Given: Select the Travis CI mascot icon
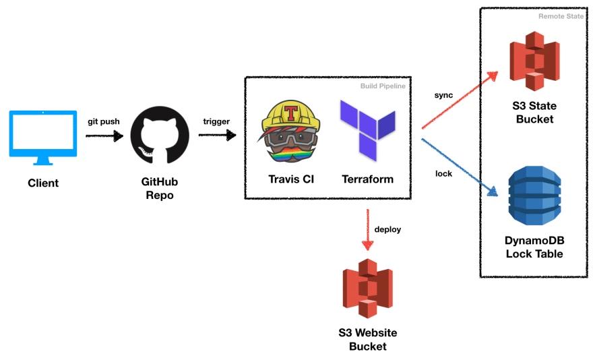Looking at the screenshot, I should pyautogui.click(x=291, y=133).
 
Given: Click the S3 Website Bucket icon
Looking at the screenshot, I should pyautogui.click(x=367, y=289).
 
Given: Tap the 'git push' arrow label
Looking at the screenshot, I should pyautogui.click(x=104, y=121).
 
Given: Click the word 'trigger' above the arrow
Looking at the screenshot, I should pyautogui.click(x=216, y=121).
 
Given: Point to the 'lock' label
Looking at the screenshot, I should pyautogui.click(x=444, y=173).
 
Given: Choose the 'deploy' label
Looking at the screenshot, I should pyautogui.click(x=387, y=229).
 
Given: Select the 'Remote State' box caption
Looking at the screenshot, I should pyautogui.click(x=560, y=16).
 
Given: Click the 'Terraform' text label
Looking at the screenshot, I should pyautogui.click(x=367, y=179).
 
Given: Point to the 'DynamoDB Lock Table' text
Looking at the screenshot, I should pyautogui.click(x=534, y=247).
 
